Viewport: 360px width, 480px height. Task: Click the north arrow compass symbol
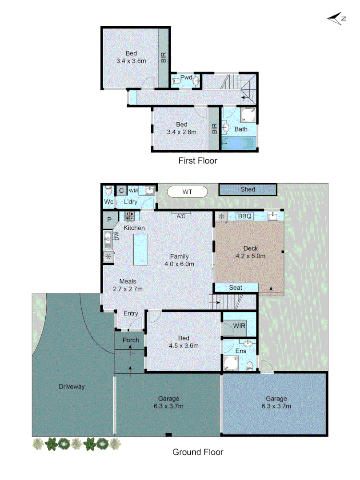pos(337,18)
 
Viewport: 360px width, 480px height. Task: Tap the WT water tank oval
pos(187,192)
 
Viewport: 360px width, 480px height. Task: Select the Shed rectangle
pos(248,189)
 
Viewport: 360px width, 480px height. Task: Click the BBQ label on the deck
pos(245,216)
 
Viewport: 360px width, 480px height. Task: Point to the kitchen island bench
pos(140,249)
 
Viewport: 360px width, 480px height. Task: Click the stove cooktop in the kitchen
pos(130,216)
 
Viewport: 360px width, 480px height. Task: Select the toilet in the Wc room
pos(108,192)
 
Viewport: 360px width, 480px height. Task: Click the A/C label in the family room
pos(181,216)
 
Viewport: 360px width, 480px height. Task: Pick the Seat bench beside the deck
pos(236,288)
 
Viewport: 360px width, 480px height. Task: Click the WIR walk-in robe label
pos(239,326)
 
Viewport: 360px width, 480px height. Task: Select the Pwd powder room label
pos(186,78)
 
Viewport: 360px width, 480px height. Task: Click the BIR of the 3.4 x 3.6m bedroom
pos(164,57)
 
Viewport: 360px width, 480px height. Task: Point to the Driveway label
pos(72,387)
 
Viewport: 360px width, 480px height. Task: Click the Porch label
pos(131,340)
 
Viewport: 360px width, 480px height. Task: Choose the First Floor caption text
pos(198,160)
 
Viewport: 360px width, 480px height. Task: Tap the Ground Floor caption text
pos(198,452)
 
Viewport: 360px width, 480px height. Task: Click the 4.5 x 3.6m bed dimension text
pos(184,345)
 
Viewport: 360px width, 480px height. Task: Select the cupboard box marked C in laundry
pos(121,191)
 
